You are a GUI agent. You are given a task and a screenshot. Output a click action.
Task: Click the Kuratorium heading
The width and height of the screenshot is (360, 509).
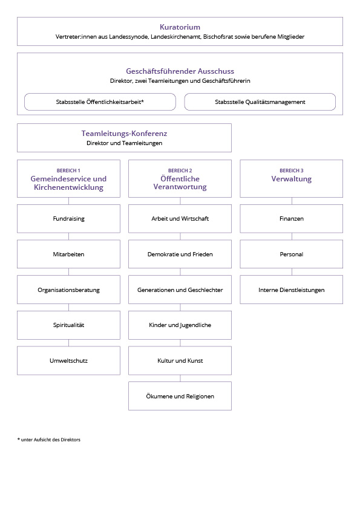tap(180, 27)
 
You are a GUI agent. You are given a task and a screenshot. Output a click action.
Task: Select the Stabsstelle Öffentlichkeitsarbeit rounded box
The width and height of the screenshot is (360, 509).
tap(100, 102)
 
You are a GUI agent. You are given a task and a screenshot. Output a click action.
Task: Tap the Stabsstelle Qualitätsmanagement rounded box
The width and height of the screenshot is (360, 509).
tap(260, 102)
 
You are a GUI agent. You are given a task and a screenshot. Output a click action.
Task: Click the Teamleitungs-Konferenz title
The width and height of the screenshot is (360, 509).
tap(124, 134)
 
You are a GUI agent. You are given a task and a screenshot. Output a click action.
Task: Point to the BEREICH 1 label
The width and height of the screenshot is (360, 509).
tap(68, 170)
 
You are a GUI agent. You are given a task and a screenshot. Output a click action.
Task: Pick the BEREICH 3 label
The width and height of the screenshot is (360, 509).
tap(292, 170)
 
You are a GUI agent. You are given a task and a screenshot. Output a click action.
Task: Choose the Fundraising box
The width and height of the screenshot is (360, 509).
tap(68, 218)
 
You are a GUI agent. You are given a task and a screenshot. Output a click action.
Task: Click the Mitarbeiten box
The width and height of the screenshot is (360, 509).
tap(68, 254)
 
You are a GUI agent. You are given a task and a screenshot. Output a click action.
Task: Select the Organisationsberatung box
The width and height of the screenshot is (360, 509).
tap(68, 290)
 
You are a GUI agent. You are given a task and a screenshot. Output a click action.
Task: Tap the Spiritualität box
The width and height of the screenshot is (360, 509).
tap(68, 325)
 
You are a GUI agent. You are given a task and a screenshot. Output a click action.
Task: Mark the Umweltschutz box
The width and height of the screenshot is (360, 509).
tap(68, 361)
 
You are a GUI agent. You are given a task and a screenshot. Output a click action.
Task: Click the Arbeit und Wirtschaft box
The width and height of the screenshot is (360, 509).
tap(180, 218)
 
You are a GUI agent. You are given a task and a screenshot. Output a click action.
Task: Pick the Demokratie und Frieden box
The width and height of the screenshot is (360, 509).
tap(180, 254)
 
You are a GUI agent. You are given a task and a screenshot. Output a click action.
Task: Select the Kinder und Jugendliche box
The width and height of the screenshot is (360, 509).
tap(180, 325)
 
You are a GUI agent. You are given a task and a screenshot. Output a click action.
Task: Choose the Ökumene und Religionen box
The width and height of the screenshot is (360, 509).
tap(180, 396)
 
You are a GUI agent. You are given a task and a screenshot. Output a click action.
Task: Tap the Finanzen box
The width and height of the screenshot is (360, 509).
tap(292, 218)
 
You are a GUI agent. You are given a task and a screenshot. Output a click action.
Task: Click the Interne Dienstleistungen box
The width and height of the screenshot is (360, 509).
tap(292, 290)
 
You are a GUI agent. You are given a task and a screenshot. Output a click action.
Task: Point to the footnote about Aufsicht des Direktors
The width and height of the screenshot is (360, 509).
tap(49, 439)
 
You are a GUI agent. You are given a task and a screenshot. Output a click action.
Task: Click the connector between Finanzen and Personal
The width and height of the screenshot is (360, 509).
tap(292, 236)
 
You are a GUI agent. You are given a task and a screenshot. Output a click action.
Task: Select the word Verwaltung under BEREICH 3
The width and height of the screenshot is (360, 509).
tap(292, 179)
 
